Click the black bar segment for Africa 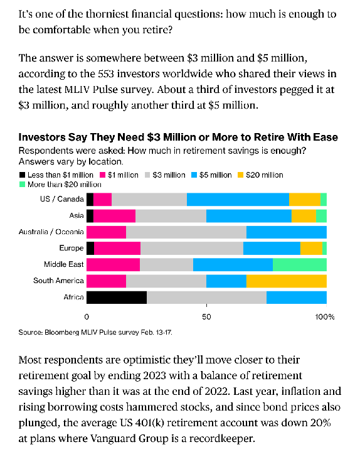pyautogui.click(x=117, y=298)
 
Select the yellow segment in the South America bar pyautogui.click(x=287, y=281)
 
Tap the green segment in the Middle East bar pyautogui.click(x=300, y=264)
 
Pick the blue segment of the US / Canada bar pyautogui.click(x=238, y=200)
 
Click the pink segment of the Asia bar pyautogui.click(x=114, y=216)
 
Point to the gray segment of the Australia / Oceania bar pyautogui.click(x=186, y=232)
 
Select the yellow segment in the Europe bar pyautogui.click(x=311, y=248)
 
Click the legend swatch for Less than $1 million pyautogui.click(x=23, y=175)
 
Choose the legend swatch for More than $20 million pyautogui.click(x=23, y=185)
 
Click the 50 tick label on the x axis pyautogui.click(x=206, y=317)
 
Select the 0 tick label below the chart pyautogui.click(x=87, y=317)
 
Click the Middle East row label pyautogui.click(x=64, y=264)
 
